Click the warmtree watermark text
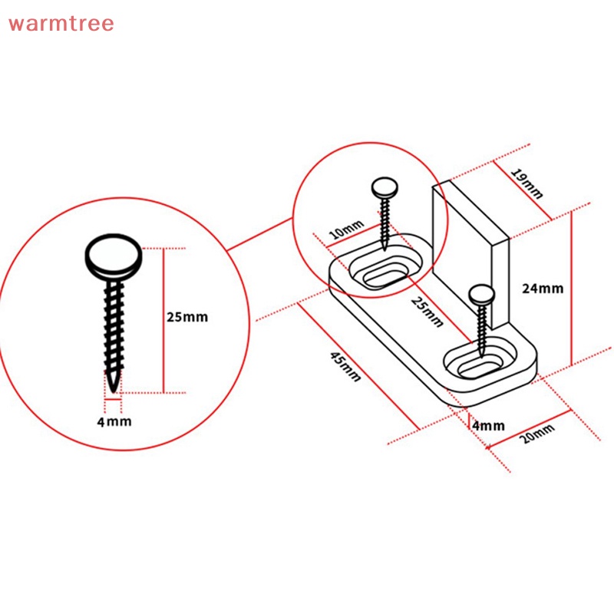(61, 23)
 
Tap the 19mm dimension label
(527, 183)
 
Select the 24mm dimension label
(543, 289)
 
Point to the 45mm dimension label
(345, 367)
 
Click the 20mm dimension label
(536, 433)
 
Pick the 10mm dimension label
(347, 229)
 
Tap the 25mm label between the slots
(427, 312)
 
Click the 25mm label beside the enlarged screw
(187, 317)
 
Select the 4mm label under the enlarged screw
(114, 421)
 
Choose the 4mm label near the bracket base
(488, 426)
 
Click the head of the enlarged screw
(114, 256)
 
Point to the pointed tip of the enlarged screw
(113, 391)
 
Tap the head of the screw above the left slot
(385, 188)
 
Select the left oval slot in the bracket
(386, 271)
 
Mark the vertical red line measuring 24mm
(571, 288)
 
